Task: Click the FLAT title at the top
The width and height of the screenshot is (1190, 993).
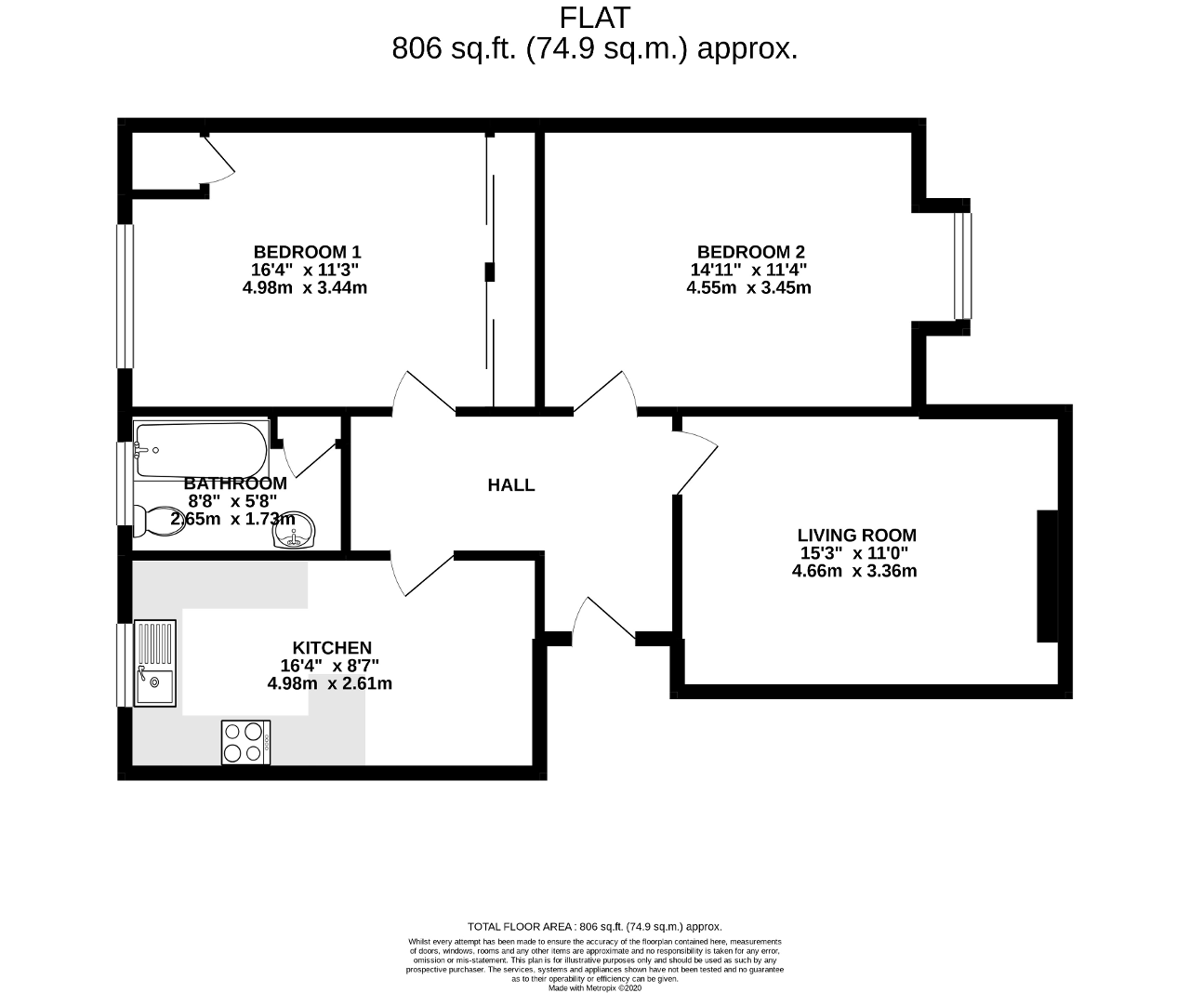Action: point(594,18)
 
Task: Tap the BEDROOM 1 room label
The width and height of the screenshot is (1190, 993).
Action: point(307,251)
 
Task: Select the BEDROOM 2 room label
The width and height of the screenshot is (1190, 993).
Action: point(750,251)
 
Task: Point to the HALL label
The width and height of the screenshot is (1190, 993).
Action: point(511,485)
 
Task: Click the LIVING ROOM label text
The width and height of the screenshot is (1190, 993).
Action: point(856,536)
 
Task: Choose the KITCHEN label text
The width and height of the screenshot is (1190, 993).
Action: point(332,647)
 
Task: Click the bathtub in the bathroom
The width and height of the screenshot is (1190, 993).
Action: point(201,450)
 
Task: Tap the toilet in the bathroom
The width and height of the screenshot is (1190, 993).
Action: point(159,522)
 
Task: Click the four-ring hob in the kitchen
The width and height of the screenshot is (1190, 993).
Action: point(245,742)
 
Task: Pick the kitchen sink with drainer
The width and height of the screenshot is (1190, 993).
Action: point(155,664)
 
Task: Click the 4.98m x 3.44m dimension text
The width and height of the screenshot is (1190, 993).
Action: point(305,288)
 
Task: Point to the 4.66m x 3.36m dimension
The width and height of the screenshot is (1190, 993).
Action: point(854,571)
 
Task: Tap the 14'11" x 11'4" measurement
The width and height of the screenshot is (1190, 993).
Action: point(748,269)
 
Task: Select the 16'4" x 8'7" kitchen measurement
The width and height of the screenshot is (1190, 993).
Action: point(329,665)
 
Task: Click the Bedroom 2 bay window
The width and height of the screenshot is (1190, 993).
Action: point(962,266)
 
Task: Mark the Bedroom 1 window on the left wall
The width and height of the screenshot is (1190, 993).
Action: point(126,297)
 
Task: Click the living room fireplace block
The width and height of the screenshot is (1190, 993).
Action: point(1048,576)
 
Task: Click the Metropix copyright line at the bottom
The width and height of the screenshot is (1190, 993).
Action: point(594,987)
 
